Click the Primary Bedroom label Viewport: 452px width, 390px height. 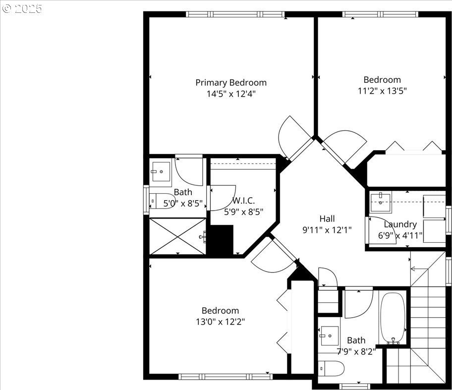coord(231,83)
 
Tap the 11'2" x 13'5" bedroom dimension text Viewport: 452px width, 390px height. coord(382,91)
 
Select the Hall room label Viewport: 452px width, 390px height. coord(327,219)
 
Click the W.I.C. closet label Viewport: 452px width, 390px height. coord(243,200)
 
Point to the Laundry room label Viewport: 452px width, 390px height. coord(400,224)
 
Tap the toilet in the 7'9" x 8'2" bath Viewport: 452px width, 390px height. coord(332,369)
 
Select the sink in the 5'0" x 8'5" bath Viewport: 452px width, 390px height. coord(161,171)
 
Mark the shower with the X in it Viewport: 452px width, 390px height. coord(178,236)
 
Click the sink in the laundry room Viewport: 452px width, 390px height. coord(381,203)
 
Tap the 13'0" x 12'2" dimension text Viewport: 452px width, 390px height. coord(221,322)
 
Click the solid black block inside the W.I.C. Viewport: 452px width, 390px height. coord(221,240)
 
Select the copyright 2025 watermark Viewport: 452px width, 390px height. coord(22,8)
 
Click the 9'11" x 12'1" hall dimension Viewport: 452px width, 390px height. coord(327,230)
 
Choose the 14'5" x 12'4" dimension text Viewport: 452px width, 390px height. coord(231,94)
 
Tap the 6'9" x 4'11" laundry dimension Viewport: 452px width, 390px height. coord(400,236)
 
